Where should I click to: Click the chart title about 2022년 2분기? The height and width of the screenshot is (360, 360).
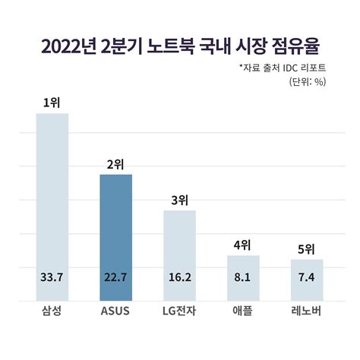point(180,46)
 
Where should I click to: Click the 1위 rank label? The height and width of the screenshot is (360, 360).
point(52,102)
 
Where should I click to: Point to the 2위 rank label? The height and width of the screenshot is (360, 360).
point(116,163)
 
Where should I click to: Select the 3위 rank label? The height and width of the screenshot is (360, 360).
point(180,200)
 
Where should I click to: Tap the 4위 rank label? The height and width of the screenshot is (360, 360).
point(243,245)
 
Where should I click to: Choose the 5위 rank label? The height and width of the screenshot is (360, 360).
point(307,248)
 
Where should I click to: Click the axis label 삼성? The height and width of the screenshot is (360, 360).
point(52,312)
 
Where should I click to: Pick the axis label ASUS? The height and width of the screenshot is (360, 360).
point(116,312)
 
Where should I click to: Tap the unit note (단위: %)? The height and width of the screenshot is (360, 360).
point(308,82)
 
